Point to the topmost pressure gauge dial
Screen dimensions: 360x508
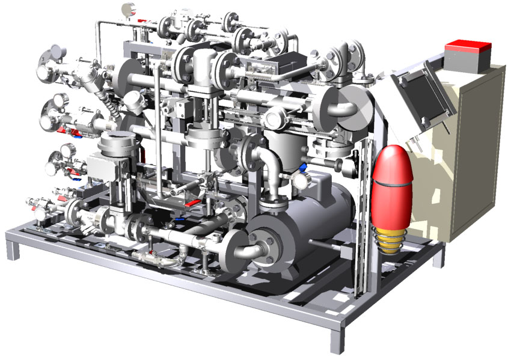coord(128,8)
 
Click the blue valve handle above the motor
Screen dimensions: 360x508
coord(304,165)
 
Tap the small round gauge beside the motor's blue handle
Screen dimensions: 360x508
coord(299,180)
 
